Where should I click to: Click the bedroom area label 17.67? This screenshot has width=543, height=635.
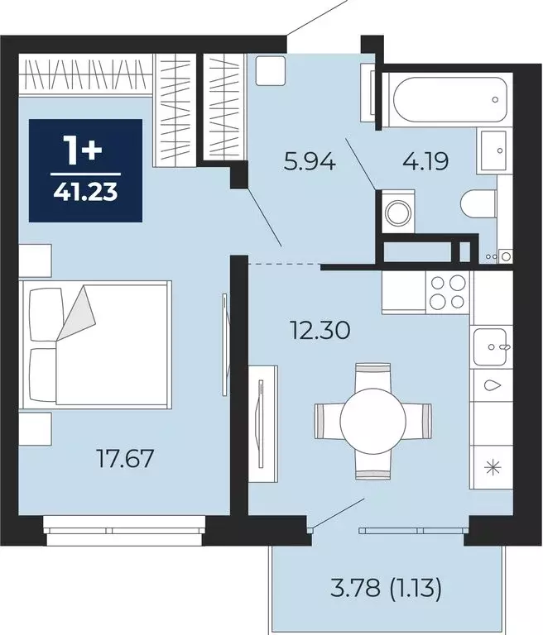[x=125, y=458]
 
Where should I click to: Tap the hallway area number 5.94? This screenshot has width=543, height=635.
[x=310, y=162]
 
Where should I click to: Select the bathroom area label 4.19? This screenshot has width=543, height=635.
[x=425, y=161]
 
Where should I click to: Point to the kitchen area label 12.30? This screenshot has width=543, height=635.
[x=320, y=330]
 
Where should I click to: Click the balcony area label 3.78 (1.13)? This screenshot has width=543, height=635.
[x=386, y=589]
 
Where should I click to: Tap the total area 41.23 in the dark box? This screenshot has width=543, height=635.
[x=85, y=192]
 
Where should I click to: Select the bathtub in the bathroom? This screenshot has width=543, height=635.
[x=448, y=99]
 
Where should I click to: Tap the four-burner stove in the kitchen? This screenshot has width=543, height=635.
[x=447, y=292]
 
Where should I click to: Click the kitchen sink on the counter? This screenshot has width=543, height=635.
[x=491, y=346]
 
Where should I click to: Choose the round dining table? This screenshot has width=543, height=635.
[x=372, y=421]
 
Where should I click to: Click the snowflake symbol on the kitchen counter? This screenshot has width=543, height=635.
[x=493, y=468]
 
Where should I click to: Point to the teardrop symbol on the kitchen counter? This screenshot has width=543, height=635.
[x=493, y=385]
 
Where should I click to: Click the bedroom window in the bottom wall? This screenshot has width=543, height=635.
[x=124, y=531]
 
